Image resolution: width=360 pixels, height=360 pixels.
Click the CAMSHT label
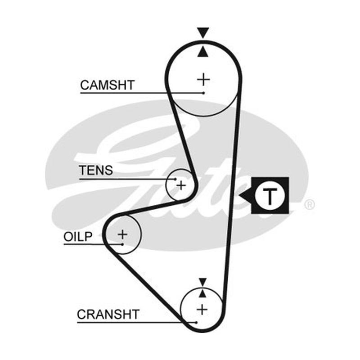click(x=107, y=85)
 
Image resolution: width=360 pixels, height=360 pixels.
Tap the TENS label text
click(x=96, y=171)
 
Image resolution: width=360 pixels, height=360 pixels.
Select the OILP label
click(x=78, y=237)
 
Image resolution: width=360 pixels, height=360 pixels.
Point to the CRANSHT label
click(x=108, y=314)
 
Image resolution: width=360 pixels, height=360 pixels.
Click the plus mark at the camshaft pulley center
click(x=203, y=80)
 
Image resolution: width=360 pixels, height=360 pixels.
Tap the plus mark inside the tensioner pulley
click(x=181, y=185)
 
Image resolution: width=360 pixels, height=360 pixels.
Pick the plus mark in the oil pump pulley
click(x=122, y=234)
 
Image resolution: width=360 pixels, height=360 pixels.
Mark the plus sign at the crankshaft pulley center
click(x=202, y=310)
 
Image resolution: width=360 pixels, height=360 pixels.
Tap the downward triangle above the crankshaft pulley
click(x=203, y=282)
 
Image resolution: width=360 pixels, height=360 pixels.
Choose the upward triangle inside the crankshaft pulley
click(x=202, y=294)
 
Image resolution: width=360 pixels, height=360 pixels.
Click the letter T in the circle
click(x=270, y=196)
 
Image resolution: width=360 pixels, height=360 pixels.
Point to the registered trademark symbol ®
click(x=310, y=205)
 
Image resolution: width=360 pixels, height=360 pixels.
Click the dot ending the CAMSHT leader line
click(x=203, y=93)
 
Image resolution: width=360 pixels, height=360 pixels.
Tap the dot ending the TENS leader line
click(x=175, y=179)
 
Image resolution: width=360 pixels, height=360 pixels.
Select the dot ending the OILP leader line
click(x=122, y=244)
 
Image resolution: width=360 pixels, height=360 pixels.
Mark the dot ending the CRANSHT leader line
click(x=196, y=323)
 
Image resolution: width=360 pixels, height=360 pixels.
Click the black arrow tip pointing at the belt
click(x=239, y=196)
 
